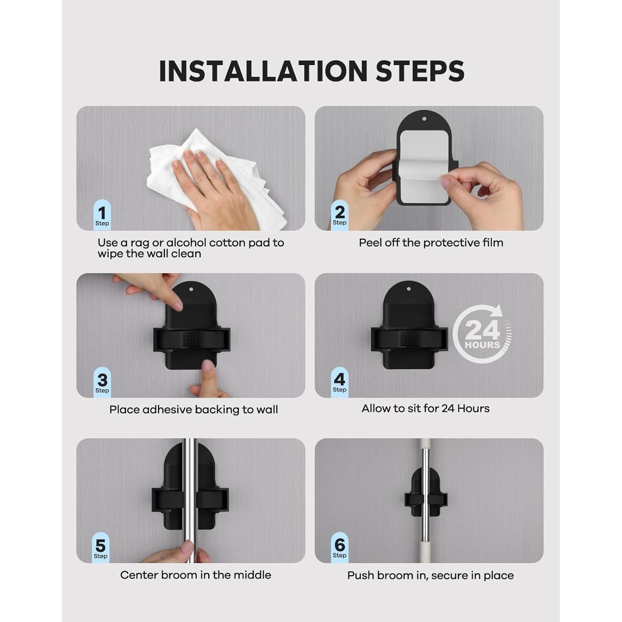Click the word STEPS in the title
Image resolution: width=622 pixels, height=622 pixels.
tap(420, 71)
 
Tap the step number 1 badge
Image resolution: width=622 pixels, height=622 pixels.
tap(102, 215)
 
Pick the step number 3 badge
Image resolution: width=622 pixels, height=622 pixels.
tap(102, 382)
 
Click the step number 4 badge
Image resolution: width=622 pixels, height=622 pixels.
tap(340, 381)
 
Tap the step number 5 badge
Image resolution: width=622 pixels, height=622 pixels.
tap(100, 547)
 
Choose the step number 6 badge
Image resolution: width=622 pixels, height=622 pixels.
tap(340, 547)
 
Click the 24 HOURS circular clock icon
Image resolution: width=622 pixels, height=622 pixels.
tap(482, 334)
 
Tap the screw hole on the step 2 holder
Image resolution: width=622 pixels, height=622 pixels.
tap(424, 119)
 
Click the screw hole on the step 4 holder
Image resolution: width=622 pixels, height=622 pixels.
tap(408, 289)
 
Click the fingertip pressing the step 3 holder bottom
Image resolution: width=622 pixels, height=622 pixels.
tap(208, 367)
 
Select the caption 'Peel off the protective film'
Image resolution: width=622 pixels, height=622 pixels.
tap(431, 243)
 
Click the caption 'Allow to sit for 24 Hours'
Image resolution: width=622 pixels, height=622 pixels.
tap(425, 408)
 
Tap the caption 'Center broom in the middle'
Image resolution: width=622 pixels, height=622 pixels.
tap(196, 575)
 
